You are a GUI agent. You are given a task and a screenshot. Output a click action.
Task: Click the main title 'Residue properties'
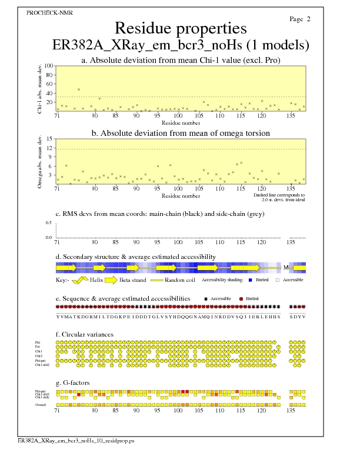[x=180, y=28]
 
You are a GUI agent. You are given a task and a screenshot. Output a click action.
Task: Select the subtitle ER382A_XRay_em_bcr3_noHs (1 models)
[x=180, y=45]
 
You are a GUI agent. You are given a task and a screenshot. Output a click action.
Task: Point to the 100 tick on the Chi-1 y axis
[x=49, y=66]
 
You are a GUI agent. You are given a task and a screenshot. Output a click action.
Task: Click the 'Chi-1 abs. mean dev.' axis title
[x=39, y=88]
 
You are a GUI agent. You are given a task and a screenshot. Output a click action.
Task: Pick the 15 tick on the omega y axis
[x=51, y=139]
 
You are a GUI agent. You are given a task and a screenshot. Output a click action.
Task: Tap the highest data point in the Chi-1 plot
[x=79, y=89]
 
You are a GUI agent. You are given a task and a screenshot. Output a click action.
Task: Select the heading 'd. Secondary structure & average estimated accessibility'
[x=135, y=257]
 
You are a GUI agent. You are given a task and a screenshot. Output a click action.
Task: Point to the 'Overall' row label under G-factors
[x=41, y=405]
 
